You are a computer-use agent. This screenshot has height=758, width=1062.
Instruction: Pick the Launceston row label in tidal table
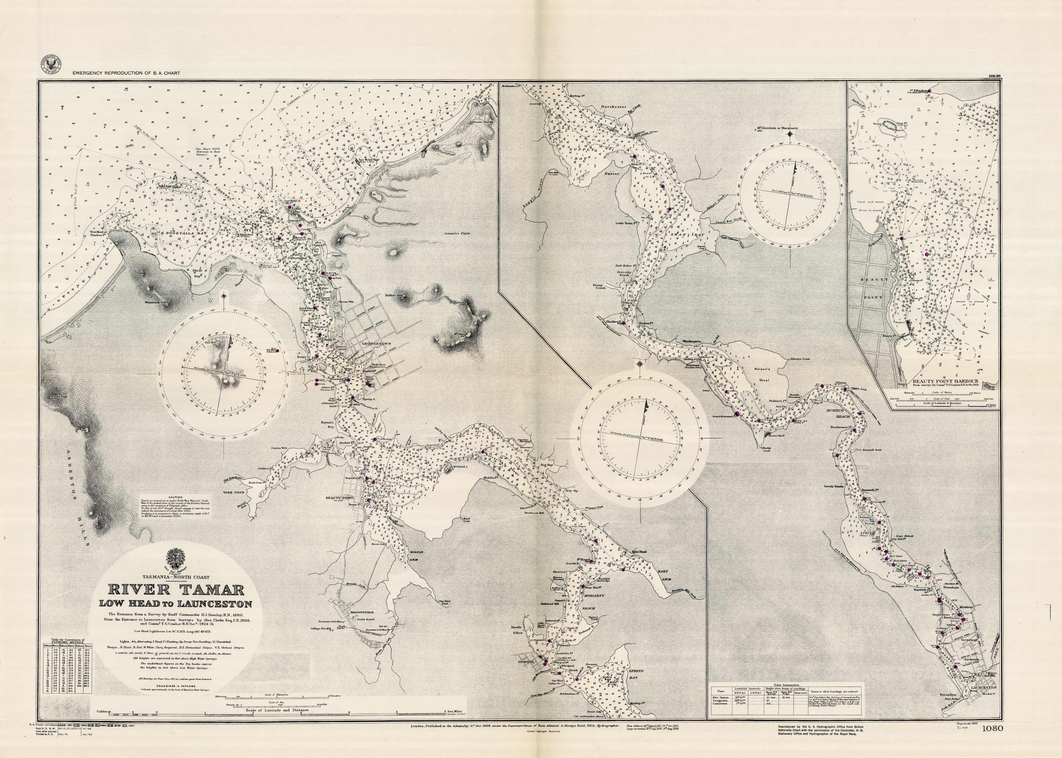722,706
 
